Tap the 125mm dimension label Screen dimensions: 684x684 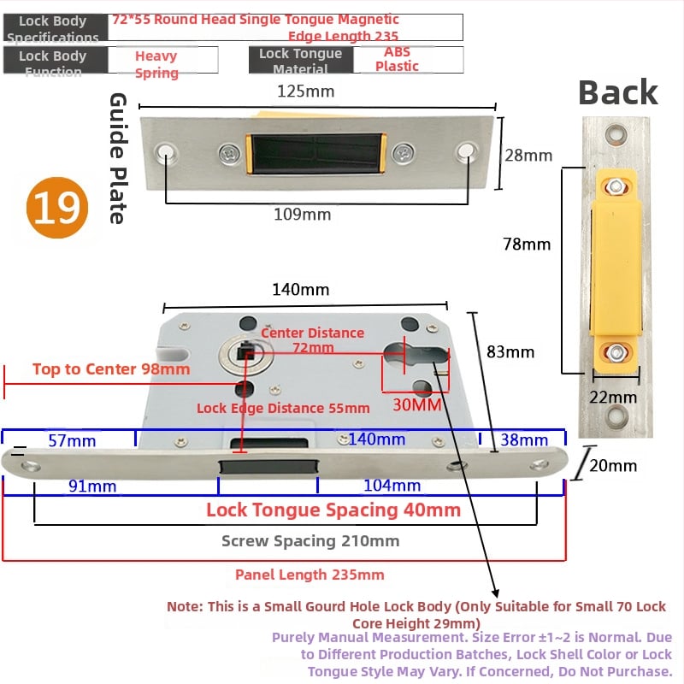304,91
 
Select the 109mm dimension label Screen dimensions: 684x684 302,215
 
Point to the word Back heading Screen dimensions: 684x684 617,92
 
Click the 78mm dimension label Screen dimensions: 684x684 527,244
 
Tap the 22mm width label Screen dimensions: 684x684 615,397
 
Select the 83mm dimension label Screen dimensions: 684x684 510,351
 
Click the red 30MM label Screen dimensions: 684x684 416,404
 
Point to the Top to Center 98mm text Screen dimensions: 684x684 111,369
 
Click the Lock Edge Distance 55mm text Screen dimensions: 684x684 283,408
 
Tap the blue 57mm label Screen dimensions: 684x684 72,440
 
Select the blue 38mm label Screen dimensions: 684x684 523,440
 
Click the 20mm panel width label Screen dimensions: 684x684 613,465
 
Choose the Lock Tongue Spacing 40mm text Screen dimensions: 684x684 333,510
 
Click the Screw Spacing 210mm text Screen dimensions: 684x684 310,540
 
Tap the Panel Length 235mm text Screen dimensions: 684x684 310,575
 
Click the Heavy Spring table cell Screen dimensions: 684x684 156,64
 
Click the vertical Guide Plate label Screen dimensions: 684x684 118,158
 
